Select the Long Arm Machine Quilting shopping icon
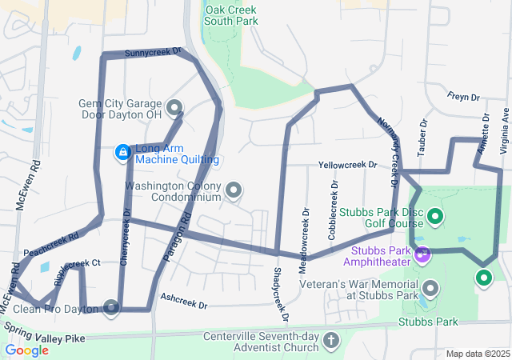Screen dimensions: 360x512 point(122,151)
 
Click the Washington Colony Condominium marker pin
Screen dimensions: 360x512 point(234,190)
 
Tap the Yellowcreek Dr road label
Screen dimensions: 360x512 point(347,165)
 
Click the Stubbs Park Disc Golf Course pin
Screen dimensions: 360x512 point(435,215)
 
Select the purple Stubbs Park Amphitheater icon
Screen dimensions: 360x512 point(422,254)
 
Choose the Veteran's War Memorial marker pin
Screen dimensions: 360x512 point(430,287)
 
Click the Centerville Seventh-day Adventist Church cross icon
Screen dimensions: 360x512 point(331,342)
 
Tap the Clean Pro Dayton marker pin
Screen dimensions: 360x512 point(110,306)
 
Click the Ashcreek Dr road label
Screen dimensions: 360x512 point(183,305)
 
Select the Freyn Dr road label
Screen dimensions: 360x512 point(463,98)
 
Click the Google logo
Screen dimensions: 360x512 point(27,350)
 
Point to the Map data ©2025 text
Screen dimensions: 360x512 point(477,354)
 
